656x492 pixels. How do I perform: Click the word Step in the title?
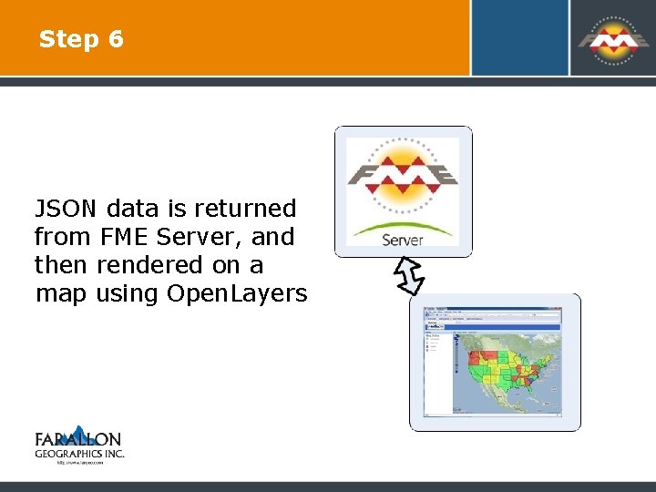click(x=68, y=40)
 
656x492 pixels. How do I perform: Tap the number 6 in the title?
click(x=115, y=39)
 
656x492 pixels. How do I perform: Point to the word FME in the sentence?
click(x=125, y=237)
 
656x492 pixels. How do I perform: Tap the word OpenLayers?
click(x=237, y=293)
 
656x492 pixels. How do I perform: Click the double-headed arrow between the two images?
click(x=409, y=275)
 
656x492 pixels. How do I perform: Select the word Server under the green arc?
click(x=403, y=240)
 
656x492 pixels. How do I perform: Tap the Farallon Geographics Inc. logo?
click(x=78, y=444)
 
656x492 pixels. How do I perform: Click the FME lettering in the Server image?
click(x=403, y=174)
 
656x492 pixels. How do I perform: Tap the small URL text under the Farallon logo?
click(x=79, y=462)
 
